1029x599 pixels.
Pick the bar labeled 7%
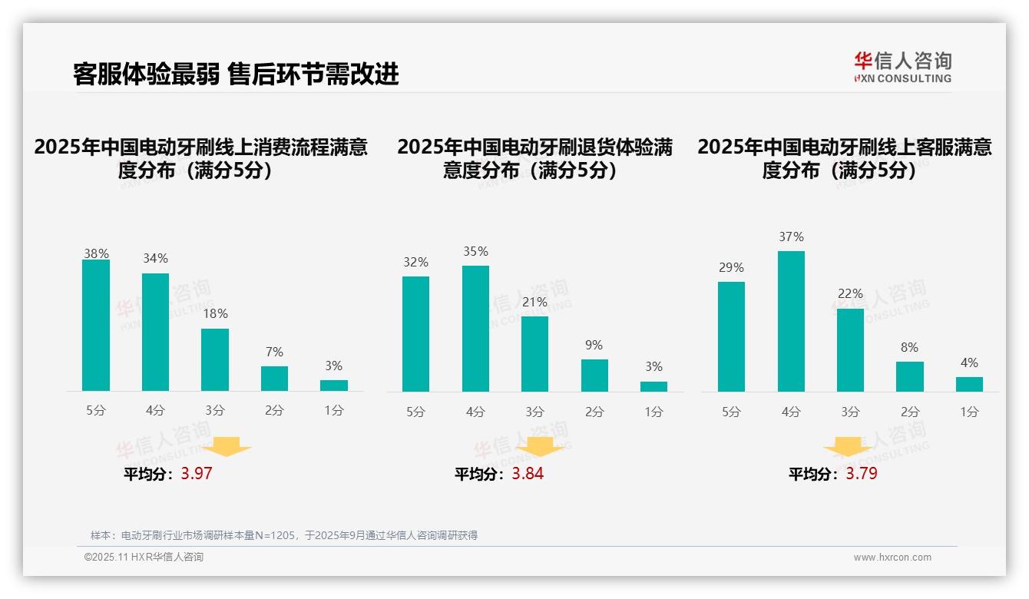(274, 379)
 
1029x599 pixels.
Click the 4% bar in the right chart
(969, 384)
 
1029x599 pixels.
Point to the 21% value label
(534, 303)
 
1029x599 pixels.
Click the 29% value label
(731, 268)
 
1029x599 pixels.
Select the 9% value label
(594, 346)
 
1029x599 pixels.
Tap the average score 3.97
(197, 474)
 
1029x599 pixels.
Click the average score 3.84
(528, 474)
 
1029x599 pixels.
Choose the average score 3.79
(862, 474)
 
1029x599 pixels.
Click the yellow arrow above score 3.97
(227, 446)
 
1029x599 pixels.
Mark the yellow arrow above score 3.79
(848, 448)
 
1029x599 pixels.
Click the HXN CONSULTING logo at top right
(902, 68)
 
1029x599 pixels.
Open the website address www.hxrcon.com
(892, 558)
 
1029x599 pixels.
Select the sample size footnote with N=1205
(284, 535)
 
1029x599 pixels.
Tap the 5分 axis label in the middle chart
(415, 412)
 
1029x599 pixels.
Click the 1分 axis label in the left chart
(334, 411)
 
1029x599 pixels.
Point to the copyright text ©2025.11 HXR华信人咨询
(144, 558)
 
